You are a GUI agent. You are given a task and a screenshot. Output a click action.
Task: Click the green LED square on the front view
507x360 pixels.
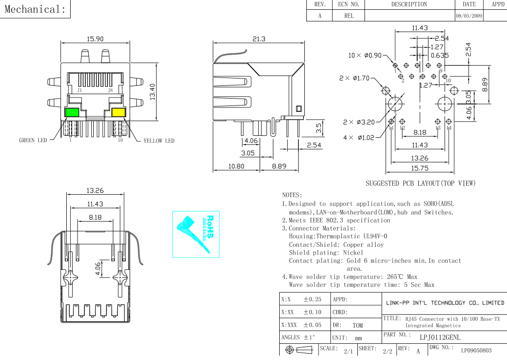[72, 112]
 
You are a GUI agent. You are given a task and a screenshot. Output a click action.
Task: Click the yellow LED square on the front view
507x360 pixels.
[118, 112]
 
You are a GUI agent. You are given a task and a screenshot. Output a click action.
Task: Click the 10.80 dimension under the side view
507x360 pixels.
[236, 167]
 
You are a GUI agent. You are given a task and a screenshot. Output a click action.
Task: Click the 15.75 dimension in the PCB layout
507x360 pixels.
[420, 168]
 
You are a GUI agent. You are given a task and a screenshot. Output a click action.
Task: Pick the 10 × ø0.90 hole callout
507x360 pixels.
[365, 55]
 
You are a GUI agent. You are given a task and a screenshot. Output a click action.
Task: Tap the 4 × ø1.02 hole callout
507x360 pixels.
[359, 137]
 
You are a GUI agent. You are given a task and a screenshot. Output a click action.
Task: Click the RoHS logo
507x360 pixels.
[196, 234]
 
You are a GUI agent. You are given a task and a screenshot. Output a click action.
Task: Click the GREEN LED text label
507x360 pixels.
[33, 141]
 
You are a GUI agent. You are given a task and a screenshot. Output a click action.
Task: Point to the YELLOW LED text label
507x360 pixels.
[159, 141]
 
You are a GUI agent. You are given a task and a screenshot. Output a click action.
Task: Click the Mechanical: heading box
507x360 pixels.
[35, 9]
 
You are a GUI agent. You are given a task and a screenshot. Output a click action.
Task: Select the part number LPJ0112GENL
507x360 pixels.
[440, 337]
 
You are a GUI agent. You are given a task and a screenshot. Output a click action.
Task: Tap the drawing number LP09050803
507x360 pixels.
[476, 351]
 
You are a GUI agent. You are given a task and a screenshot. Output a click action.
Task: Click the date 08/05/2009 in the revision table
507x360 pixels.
[469, 16]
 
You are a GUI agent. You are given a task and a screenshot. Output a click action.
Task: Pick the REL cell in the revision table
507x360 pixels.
[349, 16]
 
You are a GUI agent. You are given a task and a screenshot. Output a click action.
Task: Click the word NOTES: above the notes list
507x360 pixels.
[292, 195]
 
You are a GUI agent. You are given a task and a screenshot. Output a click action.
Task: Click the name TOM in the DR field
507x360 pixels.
[358, 325]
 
